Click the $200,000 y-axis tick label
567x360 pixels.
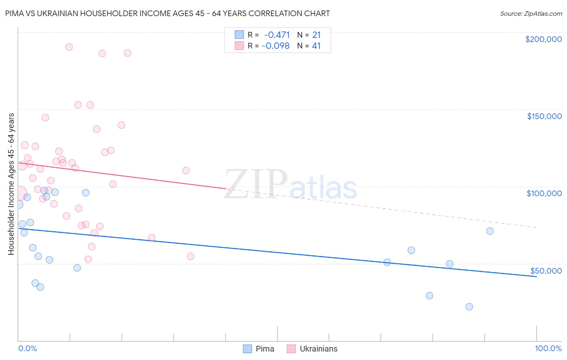543,39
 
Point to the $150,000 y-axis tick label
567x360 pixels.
544,116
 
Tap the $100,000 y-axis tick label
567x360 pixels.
544,193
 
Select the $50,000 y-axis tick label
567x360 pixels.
546,270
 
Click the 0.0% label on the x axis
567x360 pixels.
27,348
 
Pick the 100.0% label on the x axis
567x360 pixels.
548,348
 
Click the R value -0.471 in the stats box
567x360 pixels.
277,35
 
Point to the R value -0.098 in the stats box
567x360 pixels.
275,46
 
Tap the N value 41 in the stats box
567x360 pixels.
316,46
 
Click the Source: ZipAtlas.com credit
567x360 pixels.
531,13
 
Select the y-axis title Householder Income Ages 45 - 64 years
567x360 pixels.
11,184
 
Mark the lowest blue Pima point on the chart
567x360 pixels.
469,307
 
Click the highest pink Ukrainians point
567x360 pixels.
69,47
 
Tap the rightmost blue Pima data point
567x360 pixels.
490,231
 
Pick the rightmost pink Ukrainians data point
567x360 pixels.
191,256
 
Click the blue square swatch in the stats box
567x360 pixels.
240,35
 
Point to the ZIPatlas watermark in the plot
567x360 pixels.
290,185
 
